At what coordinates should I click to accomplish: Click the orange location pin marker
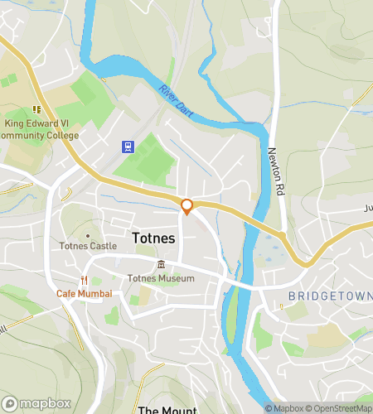pos(187,206)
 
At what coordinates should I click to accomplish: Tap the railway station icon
pos(128,147)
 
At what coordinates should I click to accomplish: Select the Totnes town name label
pos(154,238)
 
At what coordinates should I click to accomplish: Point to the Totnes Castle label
pos(87,246)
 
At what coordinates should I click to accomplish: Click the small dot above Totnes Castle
pos(87,235)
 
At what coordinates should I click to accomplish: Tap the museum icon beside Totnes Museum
pos(160,265)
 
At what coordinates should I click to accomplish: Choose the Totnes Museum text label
pos(161,278)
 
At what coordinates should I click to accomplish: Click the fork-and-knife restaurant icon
pos(84,280)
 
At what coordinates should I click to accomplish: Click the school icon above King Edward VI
pos(36,108)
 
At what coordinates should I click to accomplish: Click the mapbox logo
pos(36,403)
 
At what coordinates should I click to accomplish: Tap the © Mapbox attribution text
pos(283,408)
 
